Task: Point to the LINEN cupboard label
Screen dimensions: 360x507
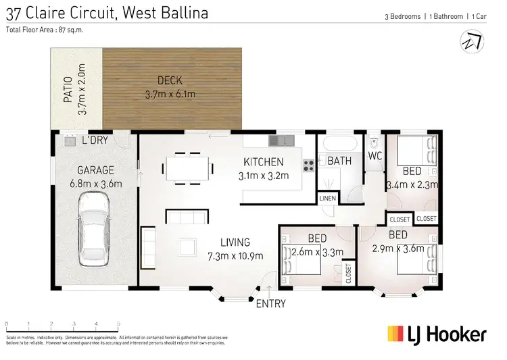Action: point(327,199)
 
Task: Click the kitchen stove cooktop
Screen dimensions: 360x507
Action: point(308,164)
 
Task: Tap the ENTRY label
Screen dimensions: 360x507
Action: point(270,304)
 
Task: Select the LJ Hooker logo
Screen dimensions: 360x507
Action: point(436,334)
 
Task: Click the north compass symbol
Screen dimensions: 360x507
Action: point(470,41)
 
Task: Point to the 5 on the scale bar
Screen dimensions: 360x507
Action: point(118,325)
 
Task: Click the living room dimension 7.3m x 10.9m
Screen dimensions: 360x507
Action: point(235,255)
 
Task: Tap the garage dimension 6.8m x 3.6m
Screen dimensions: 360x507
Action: point(95,183)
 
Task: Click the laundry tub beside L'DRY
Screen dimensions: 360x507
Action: point(68,141)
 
